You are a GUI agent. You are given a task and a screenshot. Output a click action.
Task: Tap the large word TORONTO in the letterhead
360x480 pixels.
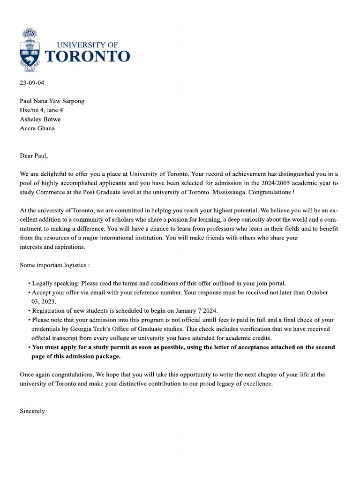click(x=87, y=57)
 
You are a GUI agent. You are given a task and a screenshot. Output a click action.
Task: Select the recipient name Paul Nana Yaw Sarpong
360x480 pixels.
click(x=52, y=101)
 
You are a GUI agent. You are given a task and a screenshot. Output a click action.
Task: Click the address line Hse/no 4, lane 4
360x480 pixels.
click(x=41, y=110)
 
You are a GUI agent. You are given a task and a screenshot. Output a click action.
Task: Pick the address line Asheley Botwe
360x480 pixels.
click(x=40, y=119)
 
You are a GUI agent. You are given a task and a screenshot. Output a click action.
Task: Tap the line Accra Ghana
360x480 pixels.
click(x=37, y=128)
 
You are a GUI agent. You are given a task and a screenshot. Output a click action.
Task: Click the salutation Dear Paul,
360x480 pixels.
click(x=34, y=156)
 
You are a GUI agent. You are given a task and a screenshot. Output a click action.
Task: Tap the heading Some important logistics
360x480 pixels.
click(x=54, y=265)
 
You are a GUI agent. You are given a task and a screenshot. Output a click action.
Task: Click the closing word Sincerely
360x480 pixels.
click(x=32, y=411)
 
